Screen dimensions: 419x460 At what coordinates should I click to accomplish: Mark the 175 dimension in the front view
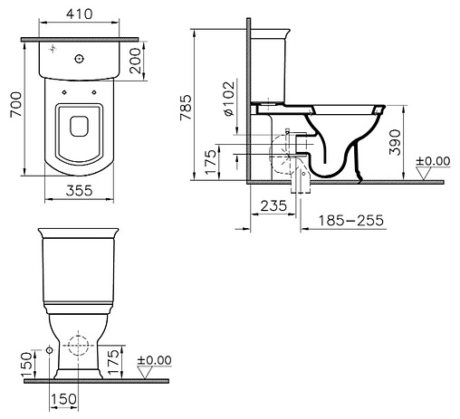pos(112,363)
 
